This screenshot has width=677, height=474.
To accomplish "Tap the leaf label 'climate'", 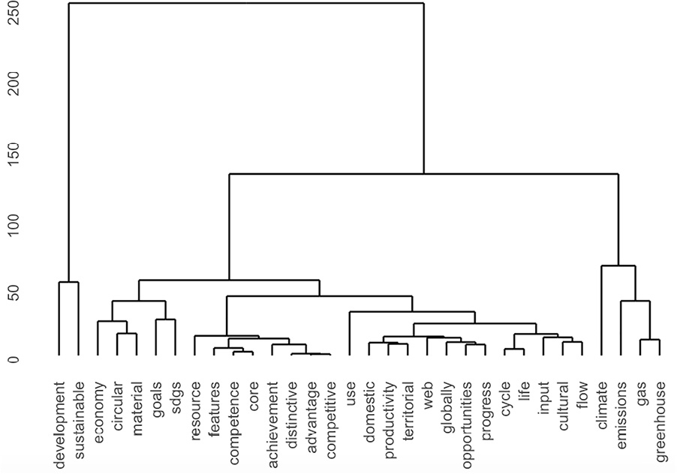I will click(x=601, y=404).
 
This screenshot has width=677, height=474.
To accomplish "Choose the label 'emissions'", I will click(x=621, y=412).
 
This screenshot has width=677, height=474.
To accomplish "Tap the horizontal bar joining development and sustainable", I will click(x=69, y=282).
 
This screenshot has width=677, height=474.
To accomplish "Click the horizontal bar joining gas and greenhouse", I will click(x=650, y=340).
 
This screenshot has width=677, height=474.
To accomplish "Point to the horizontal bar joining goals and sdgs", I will click(x=166, y=319).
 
